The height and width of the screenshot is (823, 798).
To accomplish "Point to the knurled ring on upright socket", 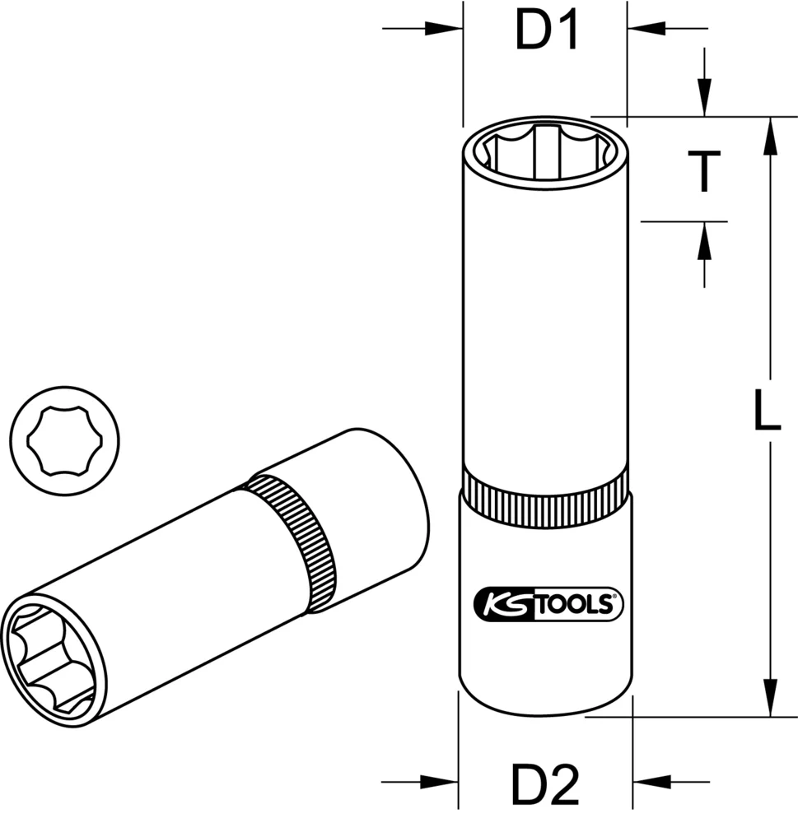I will pos(547,498).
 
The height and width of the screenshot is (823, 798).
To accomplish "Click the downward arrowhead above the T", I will pos(705,99).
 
